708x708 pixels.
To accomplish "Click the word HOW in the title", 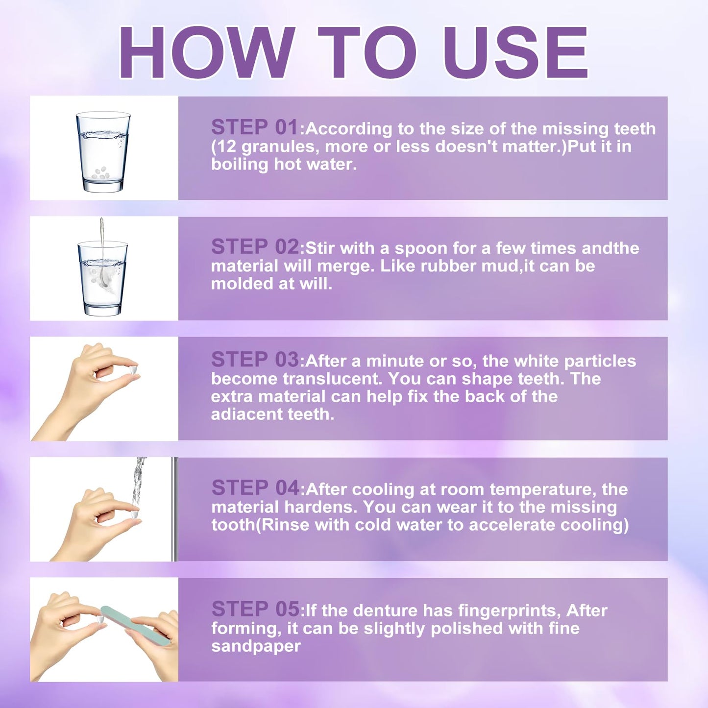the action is tap(207, 52).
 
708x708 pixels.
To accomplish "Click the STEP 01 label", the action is tap(255, 127).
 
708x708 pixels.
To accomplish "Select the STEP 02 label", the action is tap(255, 246).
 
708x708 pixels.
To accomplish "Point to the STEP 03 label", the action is tap(255, 359).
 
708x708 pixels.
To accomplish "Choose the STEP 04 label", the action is tap(255, 488).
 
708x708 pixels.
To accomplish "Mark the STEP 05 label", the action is tap(255, 609).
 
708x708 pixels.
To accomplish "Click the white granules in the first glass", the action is tap(100, 173).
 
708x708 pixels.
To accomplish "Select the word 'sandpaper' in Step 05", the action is tap(256, 647).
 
